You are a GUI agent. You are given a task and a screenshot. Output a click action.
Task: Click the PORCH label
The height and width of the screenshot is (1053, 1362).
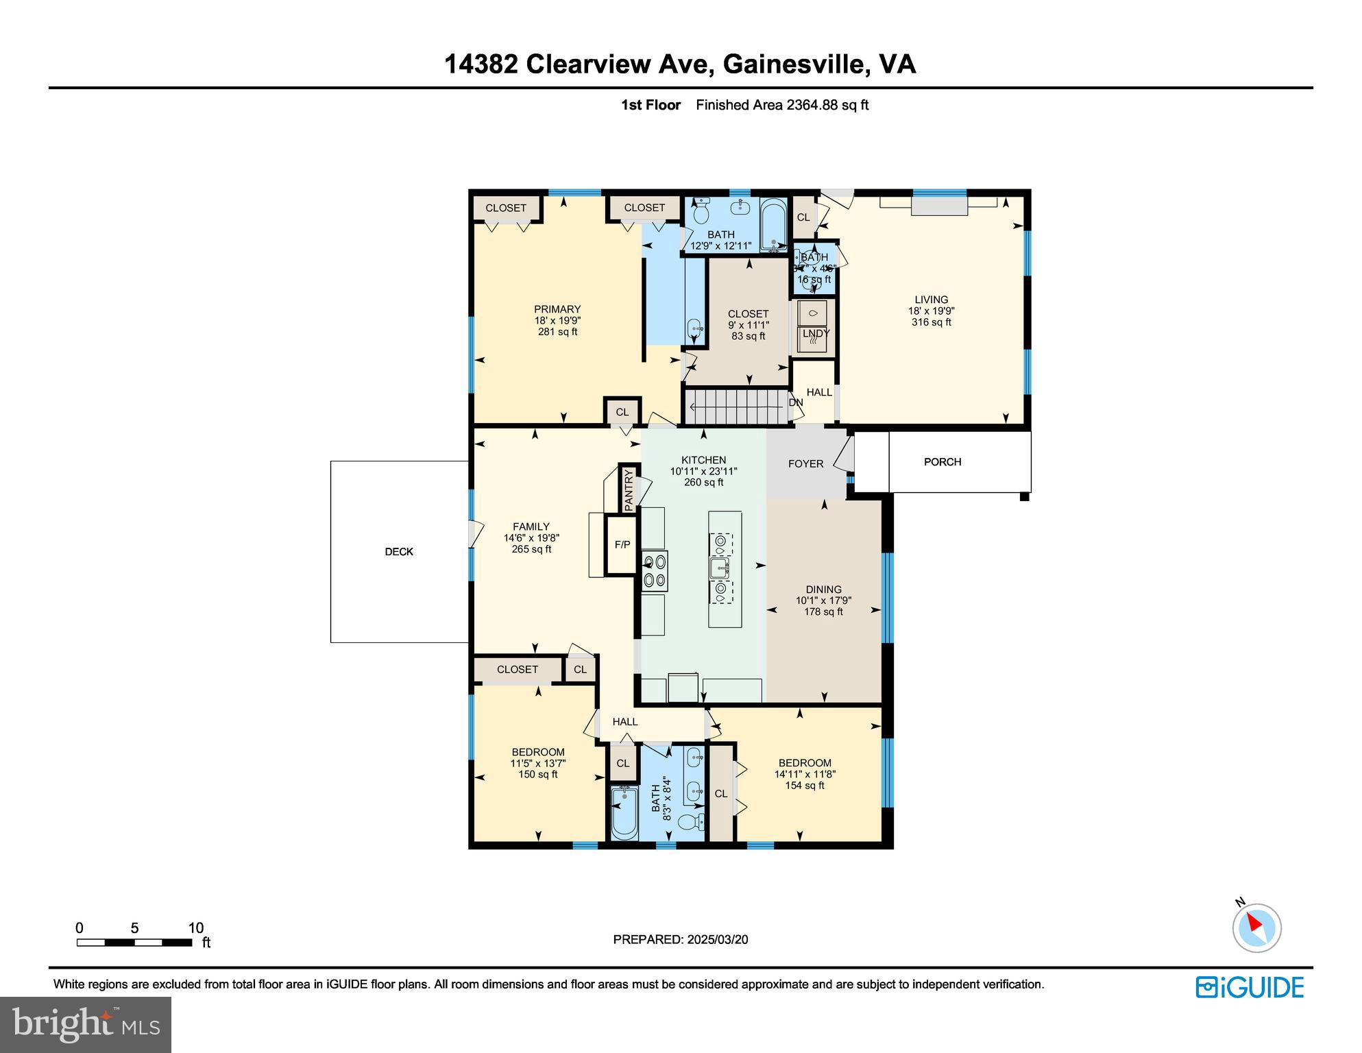(x=942, y=462)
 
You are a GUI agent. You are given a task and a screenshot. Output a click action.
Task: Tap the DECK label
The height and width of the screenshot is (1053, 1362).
(x=399, y=552)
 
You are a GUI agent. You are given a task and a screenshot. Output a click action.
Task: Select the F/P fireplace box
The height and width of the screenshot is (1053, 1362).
(x=622, y=545)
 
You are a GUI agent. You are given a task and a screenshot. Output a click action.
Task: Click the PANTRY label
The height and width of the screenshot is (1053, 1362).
(x=629, y=489)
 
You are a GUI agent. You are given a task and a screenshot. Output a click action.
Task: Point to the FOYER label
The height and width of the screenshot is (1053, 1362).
(x=805, y=464)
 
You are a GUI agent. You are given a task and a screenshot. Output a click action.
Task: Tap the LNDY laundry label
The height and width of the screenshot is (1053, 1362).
(x=816, y=333)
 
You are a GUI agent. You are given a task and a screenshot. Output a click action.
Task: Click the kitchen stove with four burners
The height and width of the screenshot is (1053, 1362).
(x=655, y=571)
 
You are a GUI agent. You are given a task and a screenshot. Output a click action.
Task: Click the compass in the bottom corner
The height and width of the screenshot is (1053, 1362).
(x=1256, y=928)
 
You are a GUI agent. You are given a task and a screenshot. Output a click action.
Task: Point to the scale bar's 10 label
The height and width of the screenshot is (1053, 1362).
(x=196, y=928)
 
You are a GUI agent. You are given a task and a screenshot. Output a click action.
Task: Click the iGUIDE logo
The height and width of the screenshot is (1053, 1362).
(x=1250, y=987)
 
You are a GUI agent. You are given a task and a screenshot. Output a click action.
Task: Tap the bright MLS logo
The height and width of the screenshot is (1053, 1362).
(x=86, y=1024)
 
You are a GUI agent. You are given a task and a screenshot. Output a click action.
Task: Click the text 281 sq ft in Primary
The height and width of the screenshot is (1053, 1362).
(x=557, y=332)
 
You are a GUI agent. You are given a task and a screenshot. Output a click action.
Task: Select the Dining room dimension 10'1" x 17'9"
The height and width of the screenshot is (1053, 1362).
(x=823, y=601)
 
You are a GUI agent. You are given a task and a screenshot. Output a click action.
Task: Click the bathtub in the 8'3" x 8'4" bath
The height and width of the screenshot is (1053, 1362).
(x=624, y=813)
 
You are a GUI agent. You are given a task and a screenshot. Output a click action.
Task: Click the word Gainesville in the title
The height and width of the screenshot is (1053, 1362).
(x=796, y=64)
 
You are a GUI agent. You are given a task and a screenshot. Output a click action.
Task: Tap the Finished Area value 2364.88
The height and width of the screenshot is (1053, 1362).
(x=812, y=105)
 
